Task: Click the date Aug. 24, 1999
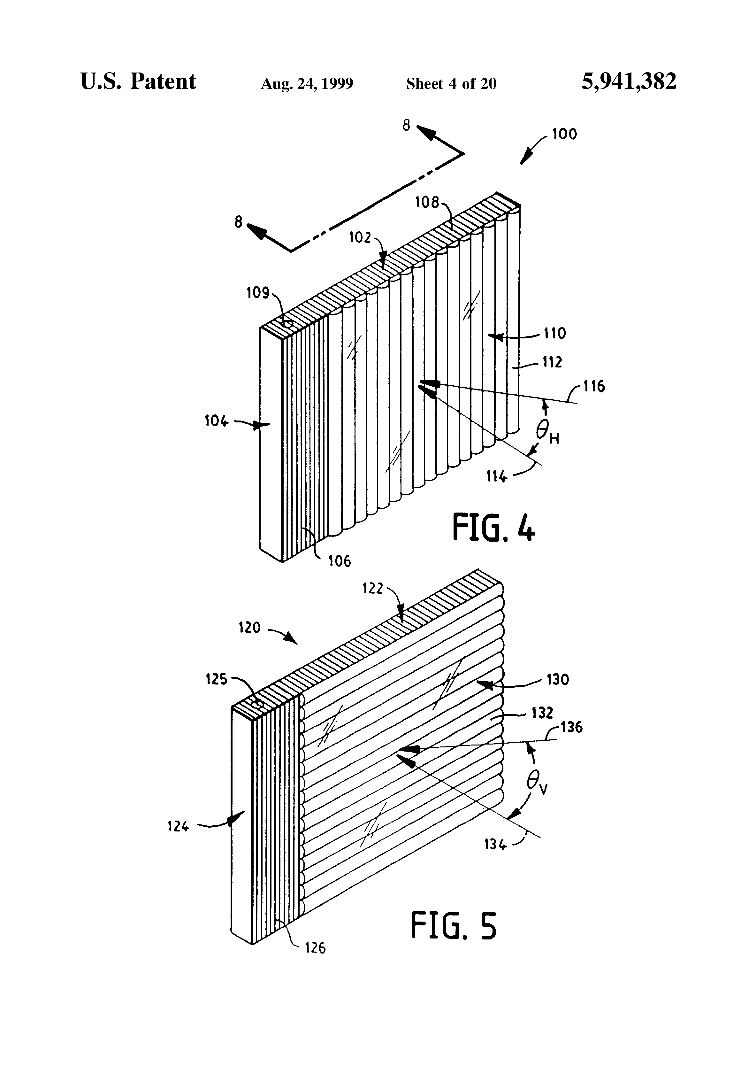(x=307, y=84)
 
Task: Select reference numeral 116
(x=594, y=387)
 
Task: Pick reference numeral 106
(x=339, y=561)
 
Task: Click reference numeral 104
(x=216, y=421)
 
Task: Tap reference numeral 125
(x=217, y=679)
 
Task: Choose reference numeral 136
(x=571, y=727)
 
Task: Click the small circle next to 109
(x=286, y=324)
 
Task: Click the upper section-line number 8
(x=406, y=125)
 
